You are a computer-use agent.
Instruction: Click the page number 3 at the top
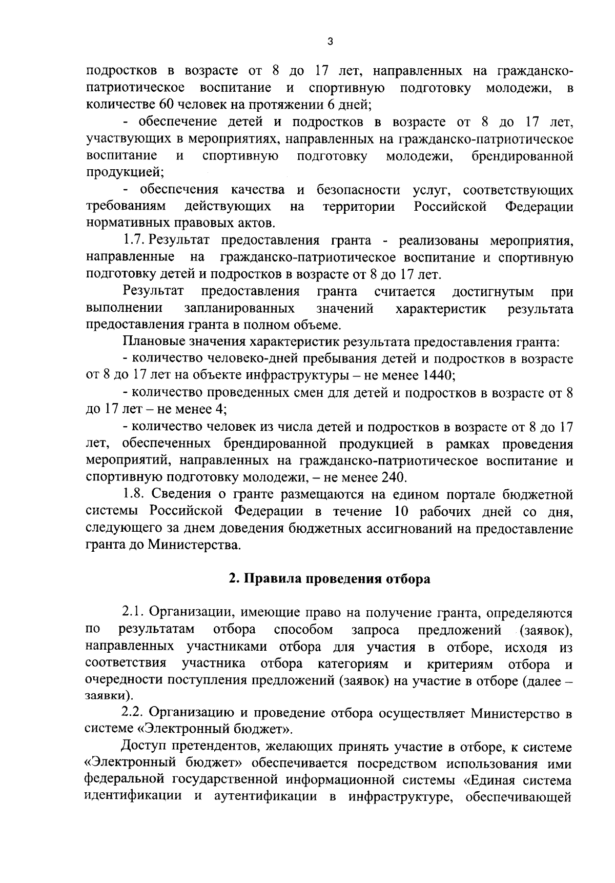tap(330, 42)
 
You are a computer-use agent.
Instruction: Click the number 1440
tap(436, 375)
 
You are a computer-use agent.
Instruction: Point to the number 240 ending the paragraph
tap(392, 477)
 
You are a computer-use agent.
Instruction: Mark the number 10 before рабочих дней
tap(402, 511)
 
